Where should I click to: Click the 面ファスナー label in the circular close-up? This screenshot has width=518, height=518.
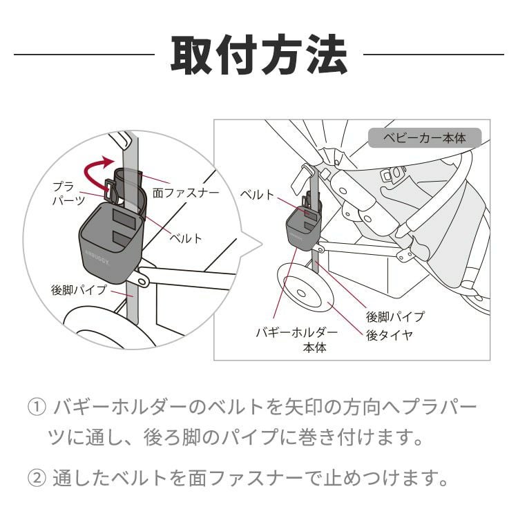(x=185, y=193)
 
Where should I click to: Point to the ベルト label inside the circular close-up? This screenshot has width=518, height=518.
(x=186, y=238)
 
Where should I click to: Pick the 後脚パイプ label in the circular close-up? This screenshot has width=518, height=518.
(x=79, y=289)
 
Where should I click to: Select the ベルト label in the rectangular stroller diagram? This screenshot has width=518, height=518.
(x=256, y=194)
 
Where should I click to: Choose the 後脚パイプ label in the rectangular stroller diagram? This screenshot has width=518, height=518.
(x=394, y=316)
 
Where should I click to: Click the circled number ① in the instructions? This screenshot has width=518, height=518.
(x=35, y=407)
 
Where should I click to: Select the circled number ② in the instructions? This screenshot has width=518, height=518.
(x=35, y=477)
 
